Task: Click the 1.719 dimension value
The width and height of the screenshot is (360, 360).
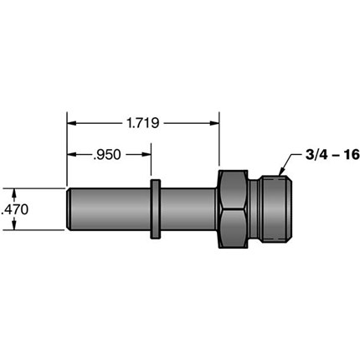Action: (x=142, y=123)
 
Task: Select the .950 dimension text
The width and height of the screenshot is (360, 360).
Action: (x=107, y=155)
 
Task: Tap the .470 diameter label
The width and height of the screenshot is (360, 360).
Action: (x=15, y=209)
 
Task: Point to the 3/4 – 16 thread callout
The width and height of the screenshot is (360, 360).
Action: (x=332, y=155)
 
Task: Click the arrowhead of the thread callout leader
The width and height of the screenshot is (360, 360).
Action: (x=281, y=172)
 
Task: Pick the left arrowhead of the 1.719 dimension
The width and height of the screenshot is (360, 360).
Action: (x=71, y=123)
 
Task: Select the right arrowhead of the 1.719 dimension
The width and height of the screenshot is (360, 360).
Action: (x=214, y=123)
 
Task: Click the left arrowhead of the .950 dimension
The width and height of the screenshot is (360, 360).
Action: (x=71, y=155)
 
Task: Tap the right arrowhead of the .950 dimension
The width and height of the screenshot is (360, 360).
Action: (x=147, y=155)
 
